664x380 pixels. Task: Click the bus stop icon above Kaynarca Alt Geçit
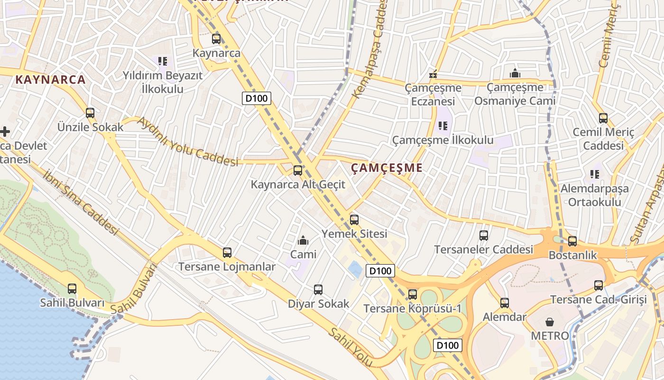[x=298, y=170]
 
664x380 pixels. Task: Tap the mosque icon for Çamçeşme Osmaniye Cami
[x=515, y=73]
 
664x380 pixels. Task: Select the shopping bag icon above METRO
[x=550, y=322]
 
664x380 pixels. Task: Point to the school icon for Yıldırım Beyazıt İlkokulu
[x=163, y=61]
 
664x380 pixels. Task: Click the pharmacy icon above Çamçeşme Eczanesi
[x=433, y=74]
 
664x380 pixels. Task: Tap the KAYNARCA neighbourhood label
[x=51, y=79]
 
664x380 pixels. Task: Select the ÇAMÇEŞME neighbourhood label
[x=387, y=168]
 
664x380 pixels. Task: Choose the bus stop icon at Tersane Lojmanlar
[x=227, y=253]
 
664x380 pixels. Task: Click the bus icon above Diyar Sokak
[x=318, y=289]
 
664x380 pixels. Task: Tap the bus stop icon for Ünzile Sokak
[x=90, y=113]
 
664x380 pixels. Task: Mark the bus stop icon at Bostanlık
[x=572, y=241]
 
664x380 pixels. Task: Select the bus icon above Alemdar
[x=505, y=303]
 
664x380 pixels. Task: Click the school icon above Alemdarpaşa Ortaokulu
[x=594, y=174]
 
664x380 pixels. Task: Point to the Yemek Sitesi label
[x=354, y=234]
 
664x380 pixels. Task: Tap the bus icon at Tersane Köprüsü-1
[x=413, y=294]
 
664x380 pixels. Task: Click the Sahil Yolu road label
[x=351, y=347]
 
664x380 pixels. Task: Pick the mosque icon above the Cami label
[x=303, y=240]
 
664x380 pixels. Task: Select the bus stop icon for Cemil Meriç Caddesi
[x=603, y=118]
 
